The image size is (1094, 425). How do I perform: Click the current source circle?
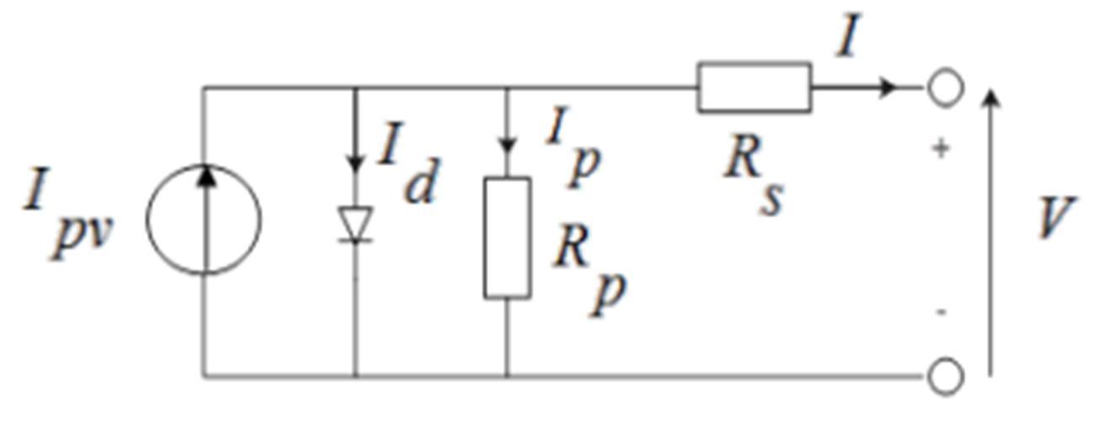pyautogui.click(x=147, y=220)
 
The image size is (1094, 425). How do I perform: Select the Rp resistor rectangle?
pyautogui.click(x=484, y=238)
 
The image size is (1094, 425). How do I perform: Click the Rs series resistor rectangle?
pyautogui.click(x=755, y=63)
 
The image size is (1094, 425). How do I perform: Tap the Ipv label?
pyautogui.click(x=68, y=212)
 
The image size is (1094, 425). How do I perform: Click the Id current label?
pyautogui.click(x=408, y=163)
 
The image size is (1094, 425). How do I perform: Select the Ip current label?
pyautogui.click(x=574, y=146)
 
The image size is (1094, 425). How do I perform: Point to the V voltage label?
pyautogui.click(x=1056, y=217)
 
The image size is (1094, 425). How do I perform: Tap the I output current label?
pyautogui.click(x=848, y=35)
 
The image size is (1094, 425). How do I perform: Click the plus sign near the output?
pyautogui.click(x=941, y=149)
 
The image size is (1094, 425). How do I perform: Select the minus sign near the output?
pyautogui.click(x=941, y=311)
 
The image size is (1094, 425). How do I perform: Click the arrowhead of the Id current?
pyautogui.click(x=355, y=163)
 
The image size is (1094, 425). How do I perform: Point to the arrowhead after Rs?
pyautogui.click(x=888, y=88)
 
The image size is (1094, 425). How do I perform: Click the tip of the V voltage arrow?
pyautogui.click(x=990, y=89)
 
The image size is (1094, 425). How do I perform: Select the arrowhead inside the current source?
pyautogui.click(x=207, y=176)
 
